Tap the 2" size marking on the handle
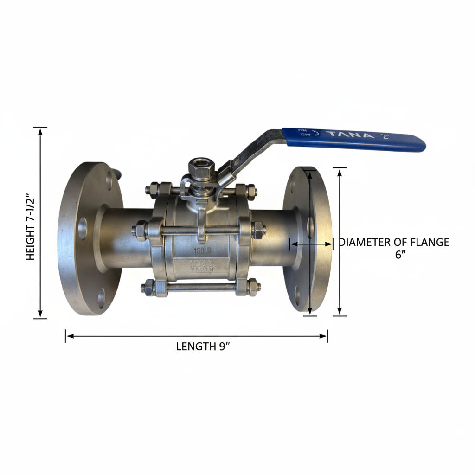(384, 136)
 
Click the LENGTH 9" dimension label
(203, 347)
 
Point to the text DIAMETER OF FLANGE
(394, 242)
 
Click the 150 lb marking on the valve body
(203, 250)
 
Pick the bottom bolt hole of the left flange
(101, 295)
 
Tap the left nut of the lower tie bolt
(148, 288)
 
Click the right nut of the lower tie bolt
(253, 287)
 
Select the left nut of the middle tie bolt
(140, 231)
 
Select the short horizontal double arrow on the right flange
(311, 243)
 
